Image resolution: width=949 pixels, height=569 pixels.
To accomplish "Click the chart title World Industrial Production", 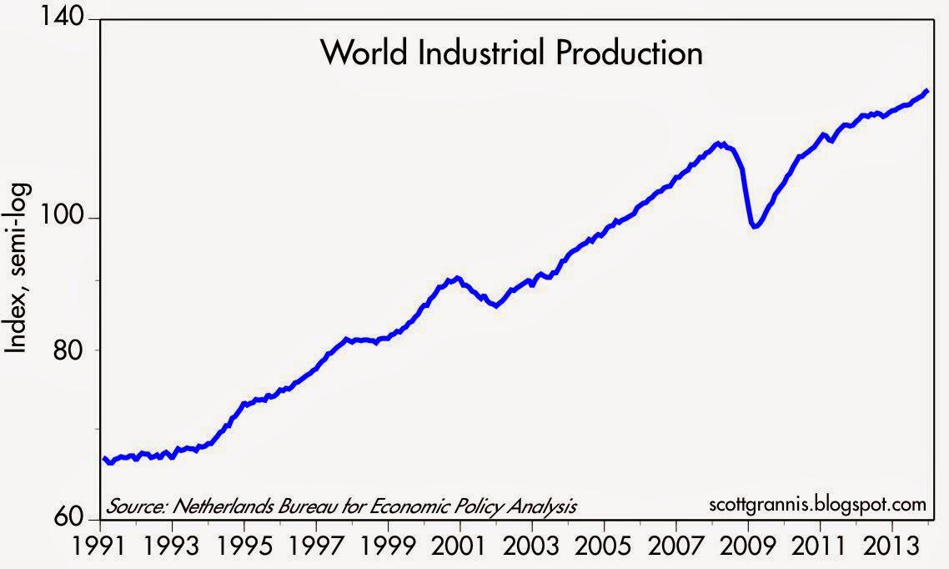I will [x=511, y=53].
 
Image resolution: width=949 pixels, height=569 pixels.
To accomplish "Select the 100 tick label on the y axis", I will [x=69, y=219].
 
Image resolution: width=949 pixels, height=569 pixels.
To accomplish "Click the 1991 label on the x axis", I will [x=101, y=551].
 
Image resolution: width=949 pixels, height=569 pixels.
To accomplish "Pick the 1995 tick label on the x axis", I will [x=244, y=551].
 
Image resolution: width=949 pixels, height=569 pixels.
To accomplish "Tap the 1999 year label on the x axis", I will [x=389, y=551].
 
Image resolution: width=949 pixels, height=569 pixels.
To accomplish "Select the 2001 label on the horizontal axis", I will [x=460, y=551].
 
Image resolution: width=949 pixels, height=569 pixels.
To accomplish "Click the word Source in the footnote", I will [x=131, y=506].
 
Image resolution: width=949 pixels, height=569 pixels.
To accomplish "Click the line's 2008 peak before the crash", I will [x=719, y=144].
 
